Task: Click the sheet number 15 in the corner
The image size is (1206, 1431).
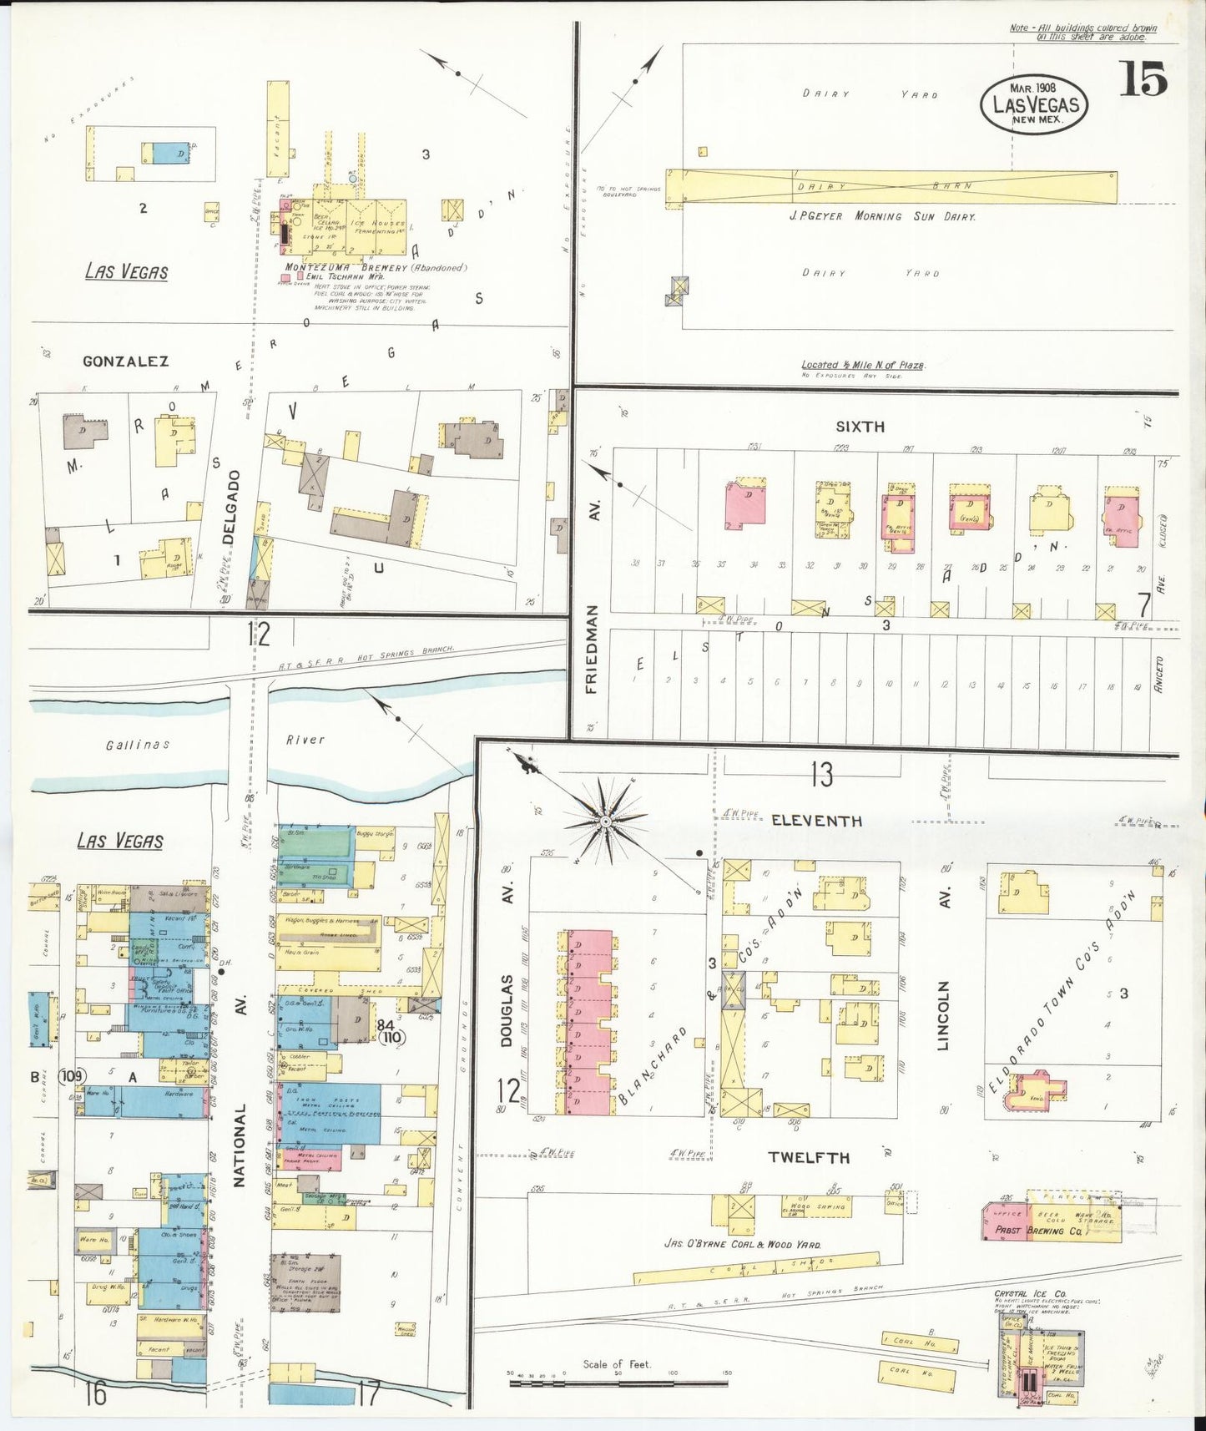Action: click(x=1143, y=80)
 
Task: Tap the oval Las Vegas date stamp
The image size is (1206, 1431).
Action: click(x=1035, y=104)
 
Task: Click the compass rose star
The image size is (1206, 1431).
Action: click(x=604, y=822)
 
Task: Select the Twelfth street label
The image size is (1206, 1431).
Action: click(x=810, y=1157)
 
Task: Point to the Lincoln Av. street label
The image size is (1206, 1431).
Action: click(x=944, y=1014)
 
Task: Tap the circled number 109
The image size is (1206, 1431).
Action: click(x=72, y=1076)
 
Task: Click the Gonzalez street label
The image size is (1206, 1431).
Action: click(x=125, y=361)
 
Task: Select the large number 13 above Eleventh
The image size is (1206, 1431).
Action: click(x=821, y=775)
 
